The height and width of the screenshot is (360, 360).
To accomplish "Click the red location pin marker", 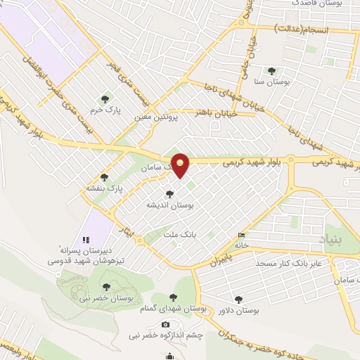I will (181, 165).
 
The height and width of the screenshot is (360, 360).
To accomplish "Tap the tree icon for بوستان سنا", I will (271, 70).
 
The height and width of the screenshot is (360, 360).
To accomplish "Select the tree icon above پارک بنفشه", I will (105, 177).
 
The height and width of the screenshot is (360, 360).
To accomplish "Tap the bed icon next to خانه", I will (242, 235).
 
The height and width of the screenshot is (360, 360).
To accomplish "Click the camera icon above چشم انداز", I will (165, 324).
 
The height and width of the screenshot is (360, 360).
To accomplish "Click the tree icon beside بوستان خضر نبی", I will (106, 286).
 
